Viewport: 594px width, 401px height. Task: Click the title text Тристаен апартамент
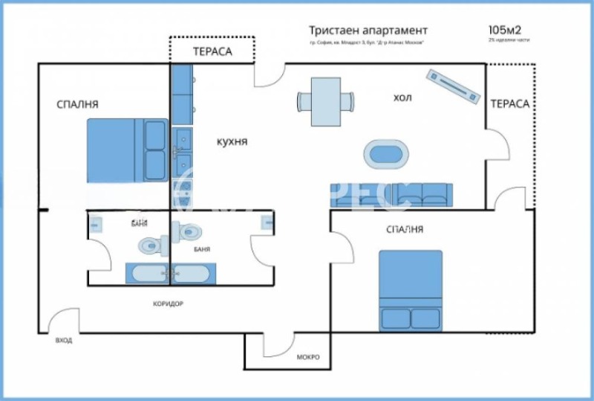368,31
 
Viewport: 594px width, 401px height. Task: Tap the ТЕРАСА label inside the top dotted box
212,52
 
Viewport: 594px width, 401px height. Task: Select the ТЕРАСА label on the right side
509,103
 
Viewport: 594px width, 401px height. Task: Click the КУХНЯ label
232,141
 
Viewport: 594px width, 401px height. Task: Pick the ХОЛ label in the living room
402,97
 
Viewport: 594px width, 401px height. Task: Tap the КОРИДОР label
168,304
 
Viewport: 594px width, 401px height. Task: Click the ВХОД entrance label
64,340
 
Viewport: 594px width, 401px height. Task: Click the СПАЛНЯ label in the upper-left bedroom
77,104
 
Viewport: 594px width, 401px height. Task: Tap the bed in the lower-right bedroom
410,290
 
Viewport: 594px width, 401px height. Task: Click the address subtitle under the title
368,43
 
